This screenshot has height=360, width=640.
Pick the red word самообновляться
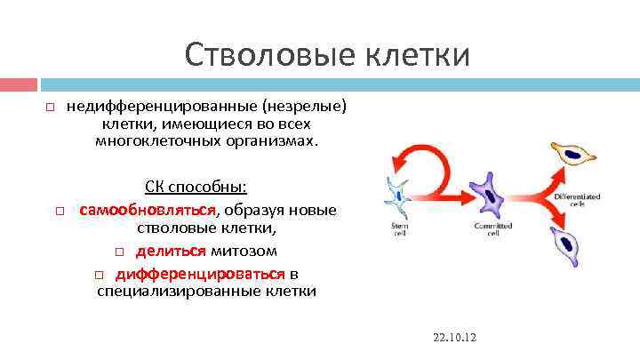[x=148, y=210]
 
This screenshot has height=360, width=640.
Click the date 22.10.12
[x=455, y=339]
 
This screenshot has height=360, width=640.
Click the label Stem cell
[x=400, y=229]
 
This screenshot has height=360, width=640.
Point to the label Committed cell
[x=487, y=229]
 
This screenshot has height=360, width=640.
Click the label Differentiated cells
[x=576, y=199]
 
